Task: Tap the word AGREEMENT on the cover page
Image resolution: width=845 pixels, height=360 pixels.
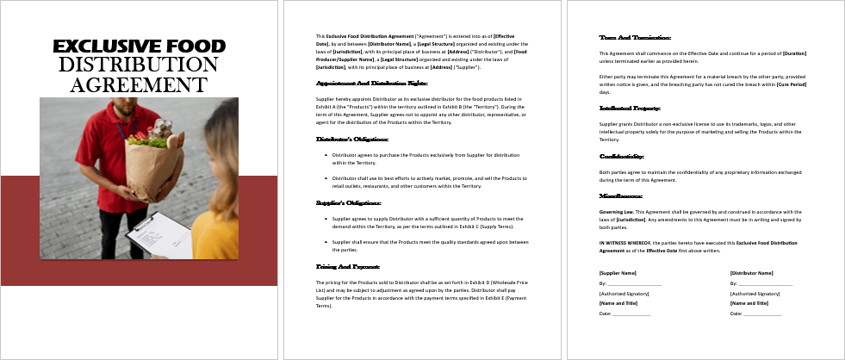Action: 139,84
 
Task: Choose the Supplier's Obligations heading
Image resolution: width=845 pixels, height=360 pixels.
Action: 349,203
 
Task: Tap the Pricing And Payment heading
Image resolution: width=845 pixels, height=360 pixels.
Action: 348,268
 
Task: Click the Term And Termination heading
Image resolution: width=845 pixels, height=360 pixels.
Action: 633,37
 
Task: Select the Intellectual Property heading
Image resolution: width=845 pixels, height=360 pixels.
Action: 630,109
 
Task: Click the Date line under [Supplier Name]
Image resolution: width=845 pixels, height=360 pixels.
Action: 624,313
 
